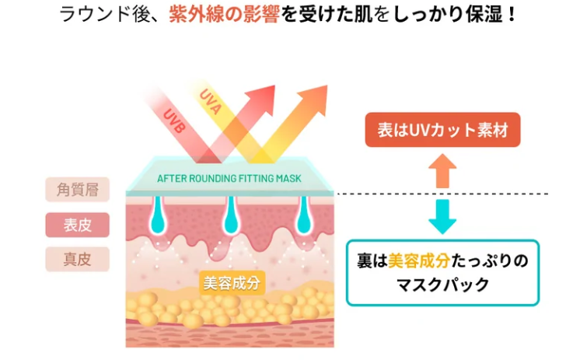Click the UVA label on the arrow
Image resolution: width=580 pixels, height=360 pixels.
[210, 101]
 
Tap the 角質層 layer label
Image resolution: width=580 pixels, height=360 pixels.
[77, 188]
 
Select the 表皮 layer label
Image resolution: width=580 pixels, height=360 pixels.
[77, 225]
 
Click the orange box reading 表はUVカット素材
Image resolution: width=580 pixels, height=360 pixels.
[442, 130]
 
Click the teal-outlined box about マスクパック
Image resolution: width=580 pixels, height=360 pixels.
[442, 272]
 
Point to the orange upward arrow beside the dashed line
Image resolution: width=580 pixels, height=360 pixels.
[442, 170]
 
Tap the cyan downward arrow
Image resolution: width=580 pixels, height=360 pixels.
[442, 215]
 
